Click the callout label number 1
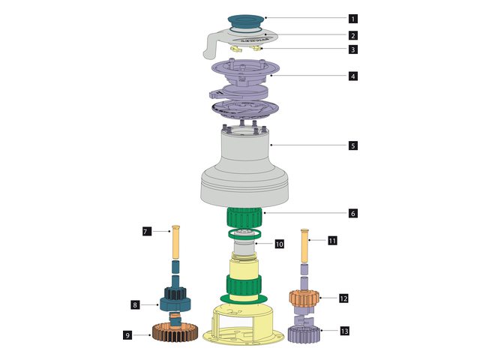tap(352, 18)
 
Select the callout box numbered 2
tap(352, 35)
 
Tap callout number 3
tap(352, 50)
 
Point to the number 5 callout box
tap(352, 145)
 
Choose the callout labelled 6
tap(352, 214)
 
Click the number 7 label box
tap(147, 232)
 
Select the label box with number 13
tap(344, 331)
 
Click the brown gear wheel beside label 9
tap(175, 331)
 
